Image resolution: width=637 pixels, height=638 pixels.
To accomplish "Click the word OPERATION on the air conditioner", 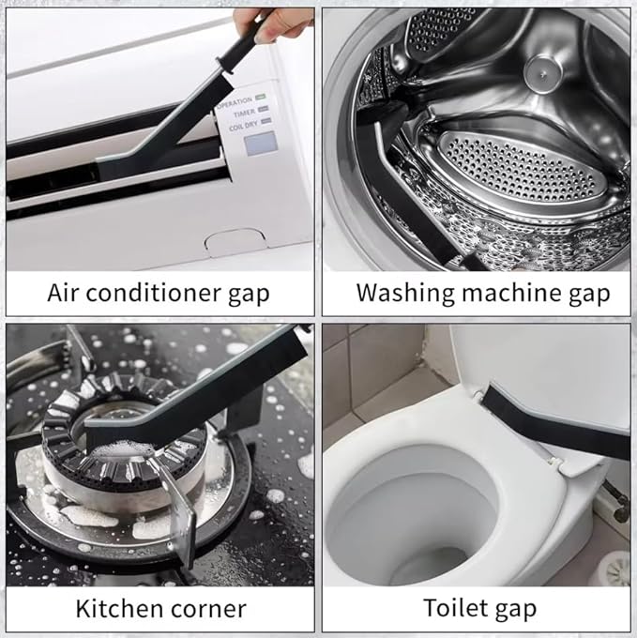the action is pyautogui.click(x=235, y=102).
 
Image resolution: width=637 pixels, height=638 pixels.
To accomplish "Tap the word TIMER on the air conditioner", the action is pyautogui.click(x=244, y=114).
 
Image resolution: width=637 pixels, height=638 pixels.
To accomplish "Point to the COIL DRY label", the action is pyautogui.click(x=243, y=126).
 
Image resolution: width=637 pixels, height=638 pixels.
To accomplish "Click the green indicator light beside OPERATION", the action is pyautogui.click(x=261, y=98).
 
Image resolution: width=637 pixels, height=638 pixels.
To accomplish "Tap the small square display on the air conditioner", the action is pyautogui.click(x=261, y=144).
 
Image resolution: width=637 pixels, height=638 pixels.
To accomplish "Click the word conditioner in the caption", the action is pyautogui.click(x=153, y=293).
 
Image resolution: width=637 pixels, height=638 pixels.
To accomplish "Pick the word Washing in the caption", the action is pyautogui.click(x=405, y=293).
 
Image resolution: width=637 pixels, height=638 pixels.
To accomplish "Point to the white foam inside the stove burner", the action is pyautogui.click(x=123, y=448).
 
